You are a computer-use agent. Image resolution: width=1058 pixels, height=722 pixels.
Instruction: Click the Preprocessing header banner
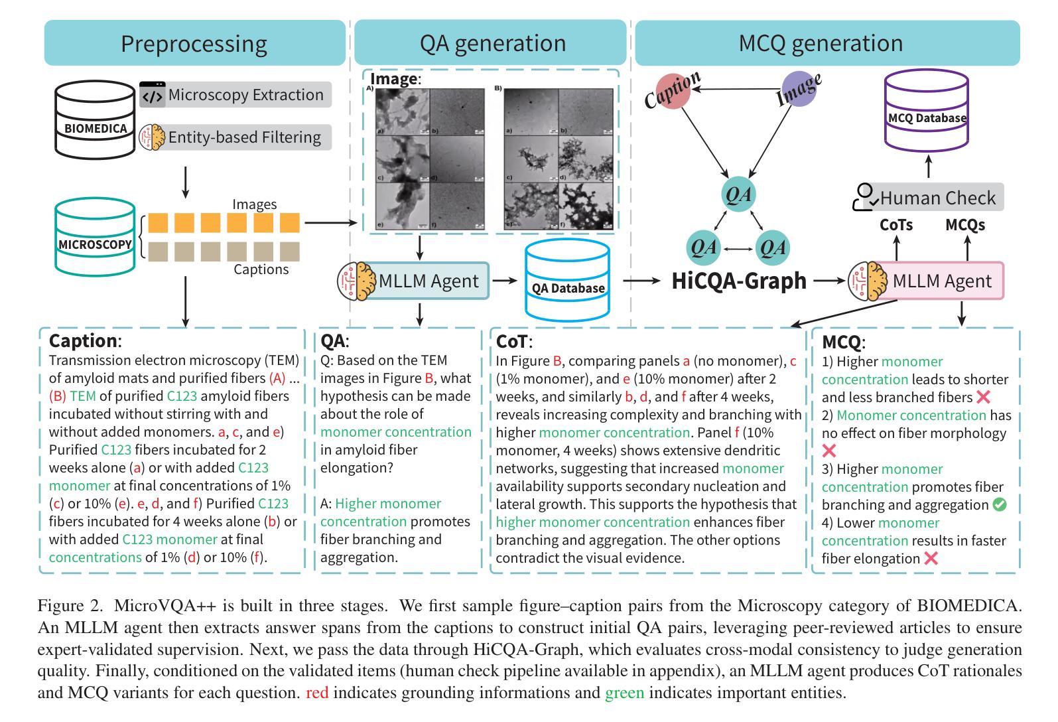[194, 43]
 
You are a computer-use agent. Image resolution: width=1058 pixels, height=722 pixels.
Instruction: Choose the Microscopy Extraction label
[245, 95]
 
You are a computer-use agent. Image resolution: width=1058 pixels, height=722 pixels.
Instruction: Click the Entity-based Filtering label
[244, 137]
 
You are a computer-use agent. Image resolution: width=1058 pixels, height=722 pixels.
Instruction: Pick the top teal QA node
[738, 195]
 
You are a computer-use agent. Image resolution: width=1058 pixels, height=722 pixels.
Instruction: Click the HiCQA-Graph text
[739, 281]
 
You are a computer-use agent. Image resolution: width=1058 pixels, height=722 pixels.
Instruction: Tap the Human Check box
[929, 198]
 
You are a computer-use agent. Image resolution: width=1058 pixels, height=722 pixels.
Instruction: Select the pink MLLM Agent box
[941, 281]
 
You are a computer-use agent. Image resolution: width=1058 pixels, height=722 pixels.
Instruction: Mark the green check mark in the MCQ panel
[999, 505]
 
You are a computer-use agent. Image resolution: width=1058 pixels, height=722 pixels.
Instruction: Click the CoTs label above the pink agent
[896, 225]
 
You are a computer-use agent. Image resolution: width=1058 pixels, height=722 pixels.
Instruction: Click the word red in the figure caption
[317, 693]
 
